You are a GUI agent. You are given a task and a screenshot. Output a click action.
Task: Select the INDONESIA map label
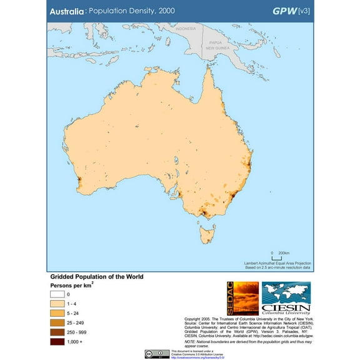[186, 29]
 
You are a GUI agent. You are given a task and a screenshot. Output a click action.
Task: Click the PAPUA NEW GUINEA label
[220, 45]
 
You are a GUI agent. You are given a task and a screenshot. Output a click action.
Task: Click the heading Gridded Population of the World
[97, 277]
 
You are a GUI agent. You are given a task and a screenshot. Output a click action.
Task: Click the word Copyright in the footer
[194, 318]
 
